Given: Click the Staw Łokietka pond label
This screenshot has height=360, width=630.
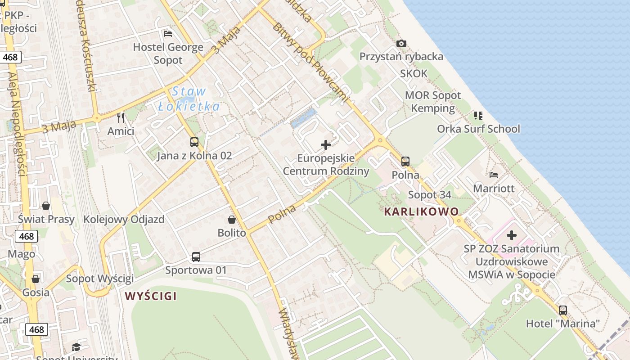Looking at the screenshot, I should click(189, 99).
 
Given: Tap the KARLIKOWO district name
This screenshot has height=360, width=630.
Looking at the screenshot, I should click(421, 211).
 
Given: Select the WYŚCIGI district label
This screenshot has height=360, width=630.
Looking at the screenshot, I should click(151, 296).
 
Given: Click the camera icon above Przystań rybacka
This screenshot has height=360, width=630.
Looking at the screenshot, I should click(401, 44).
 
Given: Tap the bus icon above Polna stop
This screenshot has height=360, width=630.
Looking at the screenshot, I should click(405, 162).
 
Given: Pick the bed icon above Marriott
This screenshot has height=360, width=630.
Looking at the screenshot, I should click(494, 175).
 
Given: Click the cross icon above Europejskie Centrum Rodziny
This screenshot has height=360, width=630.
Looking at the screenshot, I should click(326, 145).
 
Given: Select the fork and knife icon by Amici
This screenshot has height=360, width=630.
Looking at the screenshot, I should click(121, 118).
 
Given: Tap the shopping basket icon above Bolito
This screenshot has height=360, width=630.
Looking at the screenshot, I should click(232, 220).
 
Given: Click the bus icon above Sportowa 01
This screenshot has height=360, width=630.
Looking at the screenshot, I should click(196, 257).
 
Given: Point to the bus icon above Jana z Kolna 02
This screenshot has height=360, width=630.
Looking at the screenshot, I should click(194, 142).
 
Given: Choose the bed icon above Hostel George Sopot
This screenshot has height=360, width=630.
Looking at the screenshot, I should click(168, 34).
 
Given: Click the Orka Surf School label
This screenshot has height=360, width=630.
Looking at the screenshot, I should click(478, 129).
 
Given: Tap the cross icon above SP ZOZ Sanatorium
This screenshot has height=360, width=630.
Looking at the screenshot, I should click(512, 235).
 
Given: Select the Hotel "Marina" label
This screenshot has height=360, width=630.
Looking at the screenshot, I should click(563, 324).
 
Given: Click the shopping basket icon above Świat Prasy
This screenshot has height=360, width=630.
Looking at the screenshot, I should click(46, 206).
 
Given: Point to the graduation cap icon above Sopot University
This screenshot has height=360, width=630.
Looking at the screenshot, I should click(76, 347).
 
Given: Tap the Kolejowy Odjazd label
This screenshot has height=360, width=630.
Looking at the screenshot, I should click(124, 220).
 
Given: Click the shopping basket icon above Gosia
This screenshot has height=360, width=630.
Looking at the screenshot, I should click(36, 279).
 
